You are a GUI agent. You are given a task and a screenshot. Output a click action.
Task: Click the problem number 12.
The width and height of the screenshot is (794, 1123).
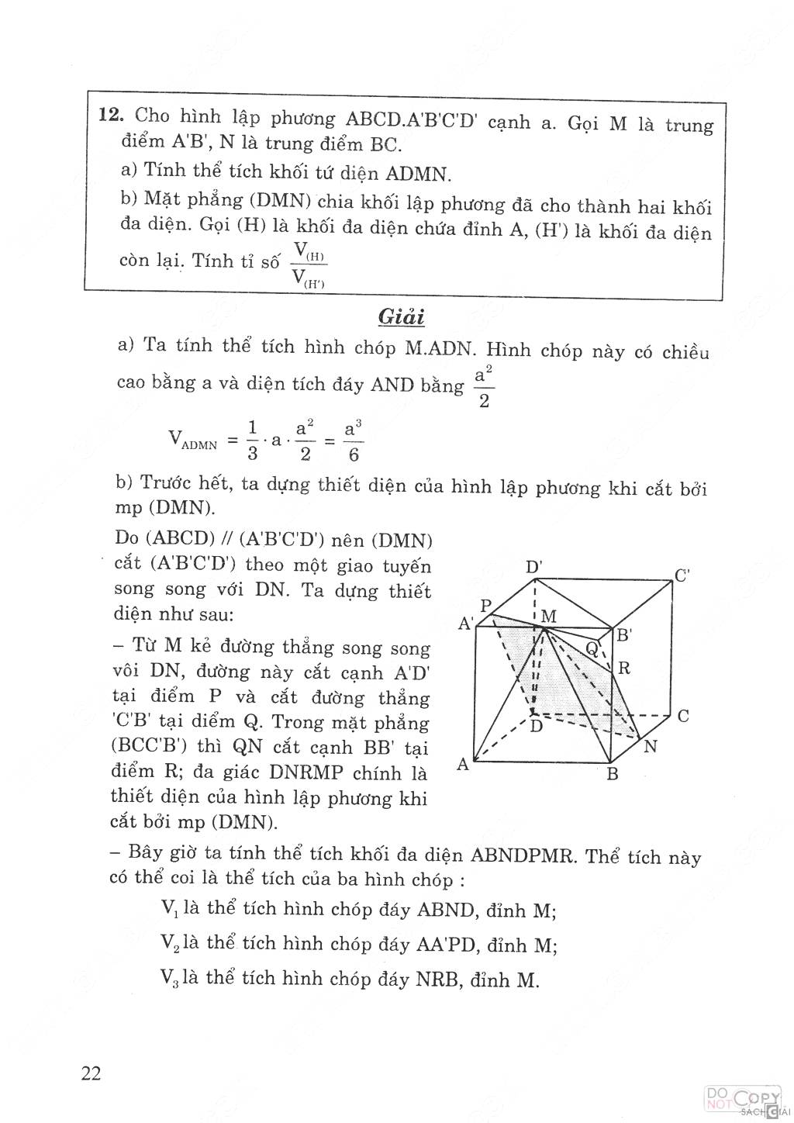tap(111, 117)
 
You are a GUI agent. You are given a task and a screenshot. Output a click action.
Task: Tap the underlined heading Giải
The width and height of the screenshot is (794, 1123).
tap(401, 316)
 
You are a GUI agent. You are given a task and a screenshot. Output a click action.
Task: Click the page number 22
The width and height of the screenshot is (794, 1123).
tap(91, 1074)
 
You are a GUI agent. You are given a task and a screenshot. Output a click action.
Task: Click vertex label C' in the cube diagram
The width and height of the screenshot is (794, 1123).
tap(683, 576)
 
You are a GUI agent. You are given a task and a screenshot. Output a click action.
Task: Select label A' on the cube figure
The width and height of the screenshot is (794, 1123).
tap(466, 623)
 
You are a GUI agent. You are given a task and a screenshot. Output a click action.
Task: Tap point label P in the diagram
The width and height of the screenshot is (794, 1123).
tap(487, 606)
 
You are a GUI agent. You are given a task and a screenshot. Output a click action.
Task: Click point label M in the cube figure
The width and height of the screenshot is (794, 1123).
tap(549, 617)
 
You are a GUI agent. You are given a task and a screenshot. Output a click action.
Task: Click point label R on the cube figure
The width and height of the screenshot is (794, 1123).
tap(624, 668)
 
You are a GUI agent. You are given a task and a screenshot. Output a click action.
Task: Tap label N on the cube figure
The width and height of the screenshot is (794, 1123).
tap(651, 746)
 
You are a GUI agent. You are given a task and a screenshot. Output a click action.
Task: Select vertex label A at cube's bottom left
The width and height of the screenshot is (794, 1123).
tap(463, 765)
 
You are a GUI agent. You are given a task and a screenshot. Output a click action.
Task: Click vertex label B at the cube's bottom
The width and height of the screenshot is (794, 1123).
tap(612, 773)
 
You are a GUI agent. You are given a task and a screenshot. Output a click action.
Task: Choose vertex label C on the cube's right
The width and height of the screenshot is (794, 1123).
tap(683, 716)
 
